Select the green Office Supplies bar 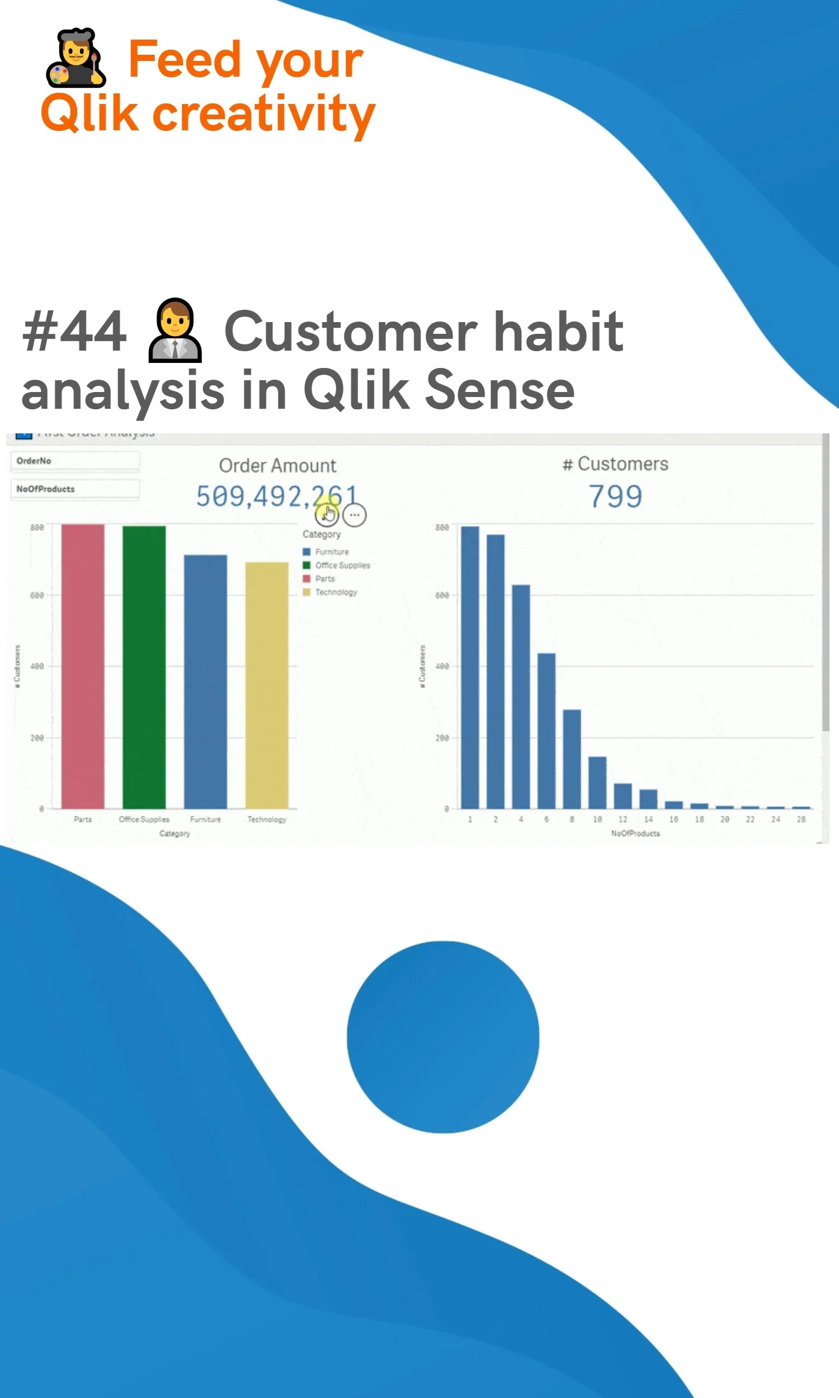click(x=144, y=667)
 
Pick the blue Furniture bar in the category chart click(x=205, y=681)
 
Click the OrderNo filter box click(x=75, y=461)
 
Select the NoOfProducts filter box click(x=75, y=489)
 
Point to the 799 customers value click(x=615, y=497)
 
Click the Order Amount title click(x=277, y=466)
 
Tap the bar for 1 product click(x=470, y=667)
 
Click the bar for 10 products click(x=597, y=782)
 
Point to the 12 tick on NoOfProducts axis click(x=623, y=819)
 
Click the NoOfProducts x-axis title click(x=635, y=834)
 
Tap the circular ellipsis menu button click(x=355, y=516)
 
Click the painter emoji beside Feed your click(x=76, y=58)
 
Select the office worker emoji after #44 click(x=175, y=330)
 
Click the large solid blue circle click(x=442, y=1037)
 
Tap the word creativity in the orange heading click(x=263, y=114)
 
